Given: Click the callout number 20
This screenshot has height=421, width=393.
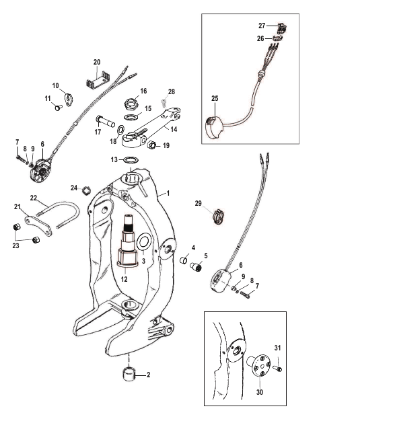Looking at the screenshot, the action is click(x=97, y=62).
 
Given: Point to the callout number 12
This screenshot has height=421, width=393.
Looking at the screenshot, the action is click(x=124, y=279).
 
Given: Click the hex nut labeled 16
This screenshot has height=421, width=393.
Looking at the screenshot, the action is click(x=131, y=104).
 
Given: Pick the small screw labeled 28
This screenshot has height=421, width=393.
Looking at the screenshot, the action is click(x=164, y=102).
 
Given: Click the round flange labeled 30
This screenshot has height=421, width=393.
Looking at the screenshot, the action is click(x=258, y=366).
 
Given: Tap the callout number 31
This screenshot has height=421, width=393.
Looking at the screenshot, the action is click(x=277, y=348).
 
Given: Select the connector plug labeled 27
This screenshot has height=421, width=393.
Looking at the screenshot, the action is click(x=281, y=28).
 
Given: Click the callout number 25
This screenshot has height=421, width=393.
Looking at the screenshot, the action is click(x=215, y=98).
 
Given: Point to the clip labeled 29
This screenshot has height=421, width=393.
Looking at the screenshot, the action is click(x=219, y=217).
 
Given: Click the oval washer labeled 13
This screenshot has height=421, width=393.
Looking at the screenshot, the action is click(x=131, y=160).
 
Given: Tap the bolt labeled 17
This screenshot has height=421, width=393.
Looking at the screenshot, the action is click(x=105, y=122).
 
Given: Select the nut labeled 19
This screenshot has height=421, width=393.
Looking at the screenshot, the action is click(x=151, y=145).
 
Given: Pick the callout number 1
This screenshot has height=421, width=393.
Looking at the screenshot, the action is click(x=168, y=193).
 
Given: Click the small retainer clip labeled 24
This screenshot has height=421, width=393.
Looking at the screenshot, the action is click(x=86, y=190).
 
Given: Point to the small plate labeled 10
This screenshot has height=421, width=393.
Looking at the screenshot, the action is click(x=69, y=100).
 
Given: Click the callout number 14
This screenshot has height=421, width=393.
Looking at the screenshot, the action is click(x=174, y=129).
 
